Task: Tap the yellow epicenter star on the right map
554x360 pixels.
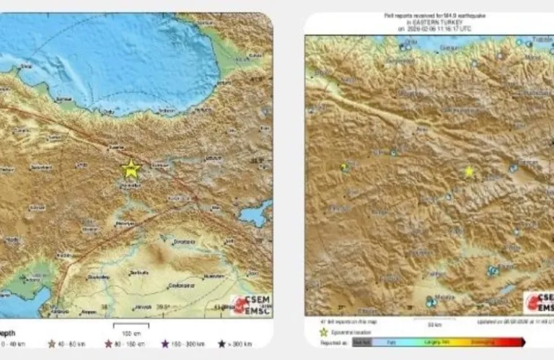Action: [x=469, y=172]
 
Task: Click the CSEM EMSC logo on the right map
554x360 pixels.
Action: [x=539, y=302]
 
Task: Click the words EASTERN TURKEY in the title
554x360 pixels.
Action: [x=433, y=23]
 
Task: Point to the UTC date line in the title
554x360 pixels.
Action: [x=433, y=29]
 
